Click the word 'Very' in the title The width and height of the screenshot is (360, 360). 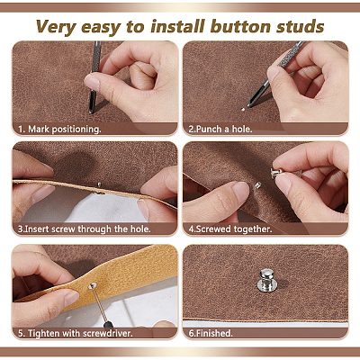(x=56, y=27)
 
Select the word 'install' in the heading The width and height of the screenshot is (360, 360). (x=177, y=26)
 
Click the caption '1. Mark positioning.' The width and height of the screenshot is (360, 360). (x=59, y=130)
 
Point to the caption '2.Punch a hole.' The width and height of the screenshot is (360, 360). (x=220, y=130)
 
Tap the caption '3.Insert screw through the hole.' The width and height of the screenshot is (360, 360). (x=84, y=229)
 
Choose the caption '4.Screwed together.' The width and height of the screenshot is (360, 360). (x=230, y=229)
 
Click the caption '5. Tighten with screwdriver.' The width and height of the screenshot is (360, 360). (x=76, y=333)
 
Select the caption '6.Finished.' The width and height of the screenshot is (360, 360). (x=211, y=333)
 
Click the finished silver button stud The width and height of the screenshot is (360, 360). (x=266, y=280)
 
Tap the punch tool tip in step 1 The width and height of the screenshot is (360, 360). (x=91, y=112)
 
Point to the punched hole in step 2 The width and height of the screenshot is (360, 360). (x=243, y=110)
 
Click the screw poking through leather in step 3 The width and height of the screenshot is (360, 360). (x=99, y=184)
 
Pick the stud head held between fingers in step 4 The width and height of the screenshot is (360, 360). (x=276, y=173)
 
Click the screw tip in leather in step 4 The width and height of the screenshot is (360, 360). (x=257, y=185)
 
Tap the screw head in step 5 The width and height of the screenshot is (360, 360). (x=93, y=286)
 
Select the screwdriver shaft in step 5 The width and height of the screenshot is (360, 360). (x=100, y=304)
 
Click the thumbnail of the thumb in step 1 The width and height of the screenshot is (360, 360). (x=91, y=80)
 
